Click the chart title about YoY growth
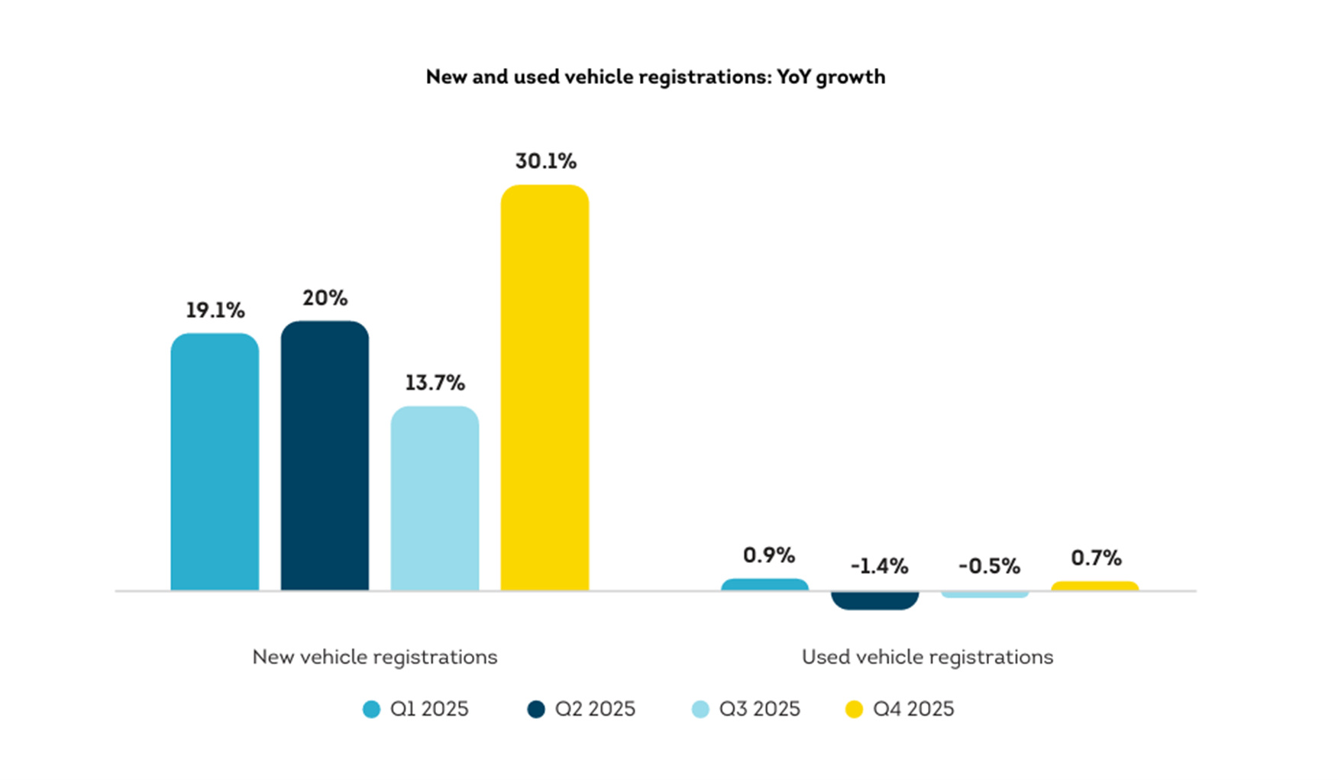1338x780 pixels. click(655, 77)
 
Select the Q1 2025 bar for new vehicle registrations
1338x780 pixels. click(215, 461)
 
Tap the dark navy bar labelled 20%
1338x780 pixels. click(325, 455)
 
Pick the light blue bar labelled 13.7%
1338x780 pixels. click(435, 498)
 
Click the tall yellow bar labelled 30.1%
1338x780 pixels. click(545, 387)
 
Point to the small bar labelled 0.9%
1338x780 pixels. click(764, 585)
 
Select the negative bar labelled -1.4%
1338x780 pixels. click(874, 600)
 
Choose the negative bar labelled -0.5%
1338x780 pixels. click(984, 594)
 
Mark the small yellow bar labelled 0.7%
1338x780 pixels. click(1094, 587)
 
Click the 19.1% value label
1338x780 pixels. click(215, 310)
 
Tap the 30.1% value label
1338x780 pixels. click(545, 161)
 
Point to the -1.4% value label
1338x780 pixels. click(879, 566)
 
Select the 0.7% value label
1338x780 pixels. click(1096, 558)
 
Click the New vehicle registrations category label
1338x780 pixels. click(374, 657)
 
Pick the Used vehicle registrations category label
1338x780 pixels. click(927, 657)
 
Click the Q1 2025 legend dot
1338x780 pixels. click(371, 710)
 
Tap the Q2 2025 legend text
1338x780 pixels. click(595, 709)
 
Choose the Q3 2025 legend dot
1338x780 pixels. click(700, 710)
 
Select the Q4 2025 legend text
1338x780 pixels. click(913, 709)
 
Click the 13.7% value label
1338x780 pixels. click(435, 382)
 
